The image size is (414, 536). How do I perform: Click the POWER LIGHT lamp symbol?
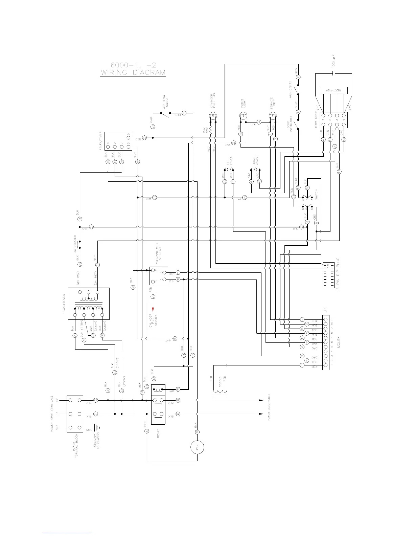click(243, 117)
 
